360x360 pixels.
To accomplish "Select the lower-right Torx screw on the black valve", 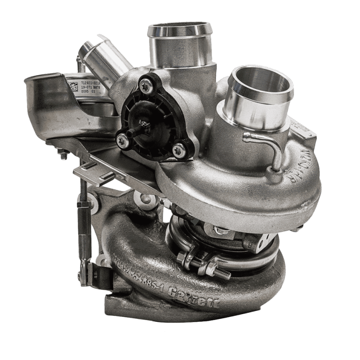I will click(179, 146).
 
